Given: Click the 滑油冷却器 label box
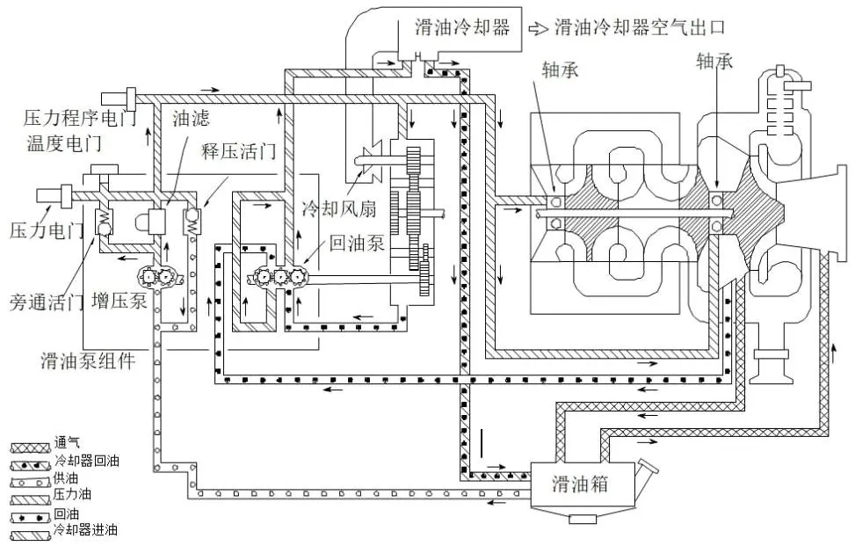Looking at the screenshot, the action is (x=461, y=29).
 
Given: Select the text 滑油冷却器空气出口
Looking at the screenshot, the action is (x=641, y=26).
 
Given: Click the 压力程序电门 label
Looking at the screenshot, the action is (x=80, y=118).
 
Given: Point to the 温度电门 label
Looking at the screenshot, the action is (x=64, y=143).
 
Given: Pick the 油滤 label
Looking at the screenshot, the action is (x=191, y=119).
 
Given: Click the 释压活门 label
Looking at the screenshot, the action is (x=239, y=151).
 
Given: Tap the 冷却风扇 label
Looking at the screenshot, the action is (x=339, y=208).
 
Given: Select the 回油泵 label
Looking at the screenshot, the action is (x=357, y=244).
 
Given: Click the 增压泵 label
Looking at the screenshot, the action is (x=120, y=301).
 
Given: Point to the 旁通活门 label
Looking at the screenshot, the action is (x=47, y=302).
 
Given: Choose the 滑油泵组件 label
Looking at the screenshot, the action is (x=88, y=360).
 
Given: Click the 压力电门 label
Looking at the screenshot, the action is (x=47, y=229).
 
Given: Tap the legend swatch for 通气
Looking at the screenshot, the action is (x=31, y=448).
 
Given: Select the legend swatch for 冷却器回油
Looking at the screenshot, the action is (x=31, y=466).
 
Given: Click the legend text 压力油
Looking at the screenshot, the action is (x=72, y=495).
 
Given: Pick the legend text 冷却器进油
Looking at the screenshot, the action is (x=85, y=529).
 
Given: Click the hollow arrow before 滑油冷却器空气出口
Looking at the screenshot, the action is (x=538, y=28).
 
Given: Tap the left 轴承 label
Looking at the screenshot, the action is (x=560, y=69).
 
